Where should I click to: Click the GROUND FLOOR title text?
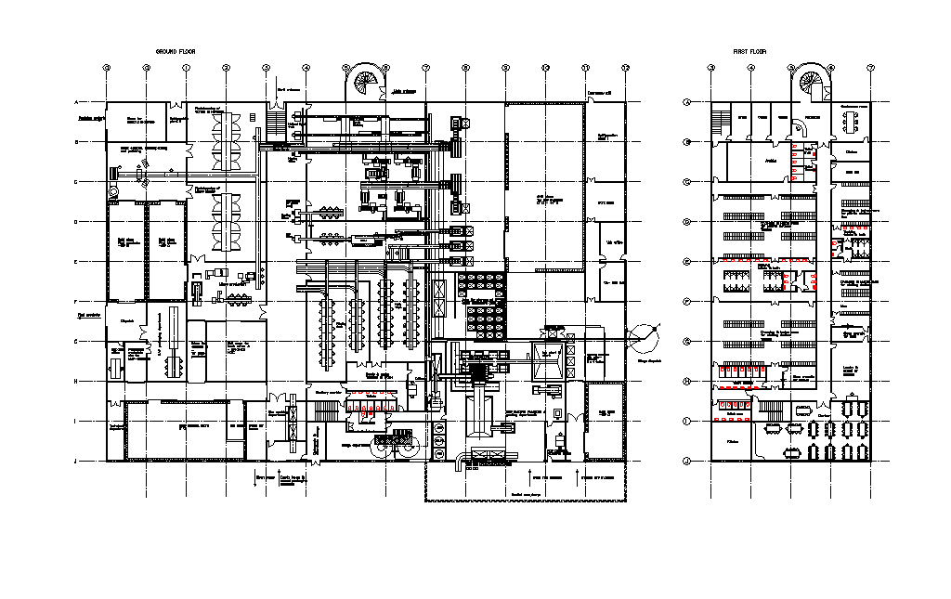pos(176,51)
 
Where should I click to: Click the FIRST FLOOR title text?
pos(749,51)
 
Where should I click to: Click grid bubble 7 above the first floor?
pos(871,68)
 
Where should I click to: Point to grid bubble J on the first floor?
pos(686,461)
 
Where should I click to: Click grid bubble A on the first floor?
pos(686,102)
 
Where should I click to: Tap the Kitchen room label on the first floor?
pos(852,151)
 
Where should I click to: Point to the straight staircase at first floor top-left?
pos(722,122)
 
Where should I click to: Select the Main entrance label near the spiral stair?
pos(403,92)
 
